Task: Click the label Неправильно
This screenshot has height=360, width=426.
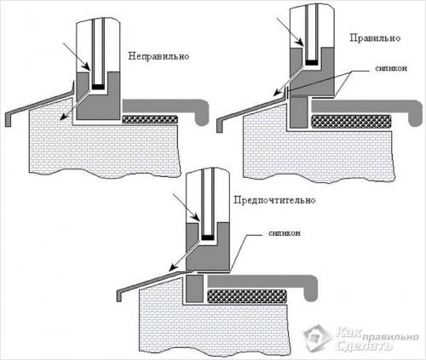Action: (x=158, y=56)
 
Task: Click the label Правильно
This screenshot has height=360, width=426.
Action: (x=375, y=37)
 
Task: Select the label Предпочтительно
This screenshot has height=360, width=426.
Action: (x=274, y=200)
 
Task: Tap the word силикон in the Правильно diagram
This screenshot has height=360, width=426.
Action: (x=391, y=68)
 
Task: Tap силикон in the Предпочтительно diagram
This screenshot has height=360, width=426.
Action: (x=285, y=233)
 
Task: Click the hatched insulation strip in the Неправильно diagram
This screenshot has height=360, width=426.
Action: (x=150, y=119)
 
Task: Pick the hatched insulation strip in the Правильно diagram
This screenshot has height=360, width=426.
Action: (x=351, y=122)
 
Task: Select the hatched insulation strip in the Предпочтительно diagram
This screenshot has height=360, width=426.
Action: (x=247, y=296)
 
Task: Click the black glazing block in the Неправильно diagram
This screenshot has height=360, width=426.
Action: (x=99, y=87)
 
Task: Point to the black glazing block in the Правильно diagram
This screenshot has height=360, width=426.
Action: (x=313, y=62)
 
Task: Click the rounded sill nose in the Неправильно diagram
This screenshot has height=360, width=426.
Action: (x=202, y=112)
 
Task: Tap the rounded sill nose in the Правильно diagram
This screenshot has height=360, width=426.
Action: (x=416, y=112)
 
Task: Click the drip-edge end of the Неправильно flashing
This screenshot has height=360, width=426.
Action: (x=8, y=120)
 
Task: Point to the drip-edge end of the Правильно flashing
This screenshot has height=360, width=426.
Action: (x=219, y=126)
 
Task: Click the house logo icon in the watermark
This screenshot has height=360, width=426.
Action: (x=317, y=338)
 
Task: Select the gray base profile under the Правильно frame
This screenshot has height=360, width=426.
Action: (x=299, y=111)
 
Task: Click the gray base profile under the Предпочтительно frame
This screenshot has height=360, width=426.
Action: (x=195, y=289)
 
